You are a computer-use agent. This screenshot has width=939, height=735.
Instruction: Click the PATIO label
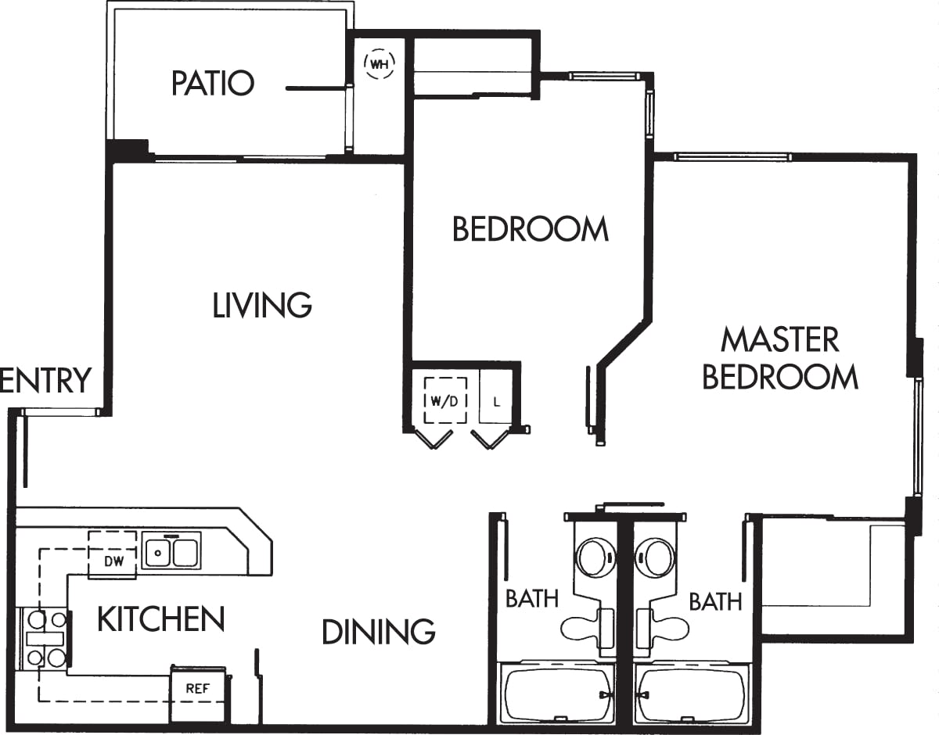click(x=213, y=83)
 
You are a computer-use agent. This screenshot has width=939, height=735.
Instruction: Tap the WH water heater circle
click(x=380, y=63)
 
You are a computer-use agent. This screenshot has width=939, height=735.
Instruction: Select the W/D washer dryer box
click(x=445, y=400)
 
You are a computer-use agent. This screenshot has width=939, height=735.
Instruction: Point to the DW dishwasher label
click(x=113, y=561)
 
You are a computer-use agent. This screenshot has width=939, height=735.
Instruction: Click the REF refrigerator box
click(x=197, y=689)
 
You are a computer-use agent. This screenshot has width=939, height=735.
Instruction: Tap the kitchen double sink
click(x=171, y=551)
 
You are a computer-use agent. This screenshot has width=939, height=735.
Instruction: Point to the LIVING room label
click(x=262, y=305)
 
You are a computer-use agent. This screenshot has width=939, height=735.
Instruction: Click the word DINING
click(x=378, y=631)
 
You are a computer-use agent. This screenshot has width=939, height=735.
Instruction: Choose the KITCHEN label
click(x=160, y=619)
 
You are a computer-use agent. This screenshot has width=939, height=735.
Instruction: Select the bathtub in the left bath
click(x=557, y=694)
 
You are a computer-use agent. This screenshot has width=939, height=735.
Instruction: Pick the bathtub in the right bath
click(x=692, y=694)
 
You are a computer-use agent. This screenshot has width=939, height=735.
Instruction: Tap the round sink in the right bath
click(x=655, y=558)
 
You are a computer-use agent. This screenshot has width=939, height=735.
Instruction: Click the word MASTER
click(x=779, y=340)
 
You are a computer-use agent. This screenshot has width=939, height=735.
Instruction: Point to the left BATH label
click(x=532, y=599)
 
